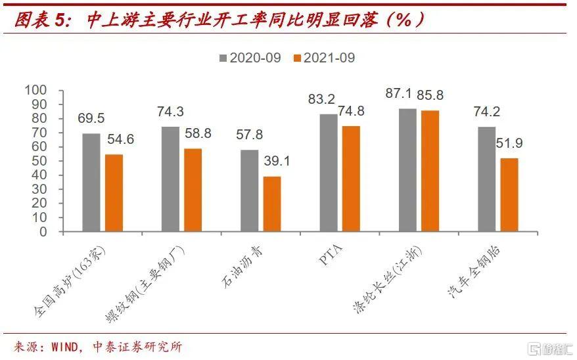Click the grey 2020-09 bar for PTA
click(x=329, y=173)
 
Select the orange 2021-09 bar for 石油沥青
click(x=272, y=204)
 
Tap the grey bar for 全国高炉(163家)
click(x=91, y=183)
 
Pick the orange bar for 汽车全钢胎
click(x=509, y=194)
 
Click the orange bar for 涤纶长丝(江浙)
click(x=430, y=171)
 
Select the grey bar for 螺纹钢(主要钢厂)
click(x=170, y=179)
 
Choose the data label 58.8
click(x=197, y=133)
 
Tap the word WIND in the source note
click(x=65, y=346)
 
